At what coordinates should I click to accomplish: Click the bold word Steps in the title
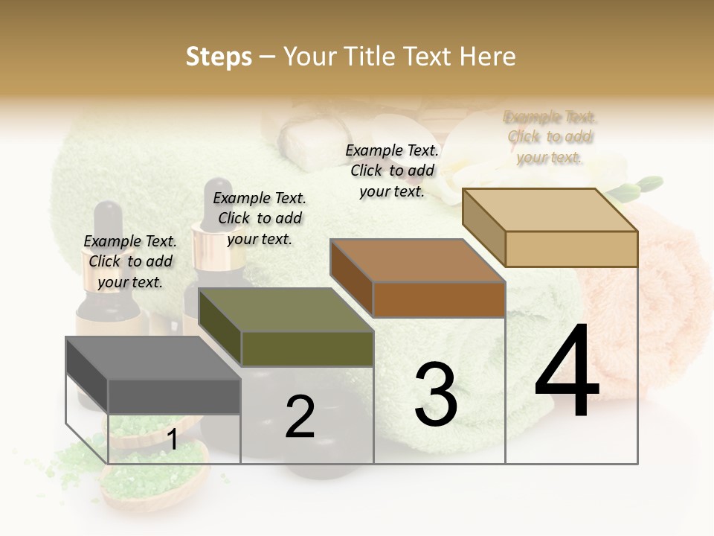pos(219,57)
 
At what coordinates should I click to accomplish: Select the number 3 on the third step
pos(436,395)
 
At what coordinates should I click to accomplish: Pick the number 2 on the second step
pos(300,417)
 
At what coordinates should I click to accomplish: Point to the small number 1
pos(172,439)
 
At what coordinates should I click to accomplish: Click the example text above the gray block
pos(130,261)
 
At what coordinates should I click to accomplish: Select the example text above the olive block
pos(260,218)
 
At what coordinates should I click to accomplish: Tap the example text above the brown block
pos(392,170)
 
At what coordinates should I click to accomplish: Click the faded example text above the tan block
pos(550,137)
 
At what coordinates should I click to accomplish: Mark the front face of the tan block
pos(571,249)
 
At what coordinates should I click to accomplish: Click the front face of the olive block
pos(307,348)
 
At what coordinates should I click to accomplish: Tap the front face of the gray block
pos(174,396)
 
